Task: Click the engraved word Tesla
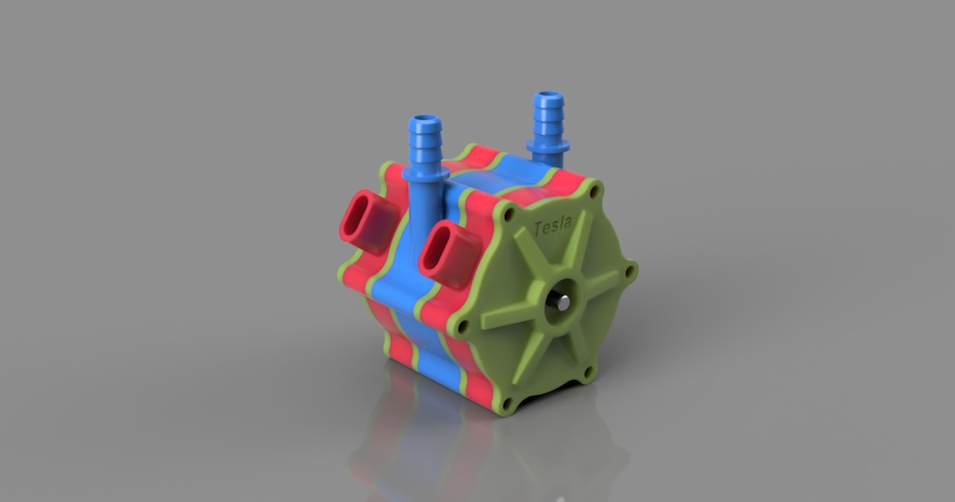(x=552, y=226)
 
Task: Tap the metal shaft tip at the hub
(x=563, y=302)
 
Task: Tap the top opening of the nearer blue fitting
(x=426, y=123)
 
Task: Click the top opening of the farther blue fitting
(x=548, y=96)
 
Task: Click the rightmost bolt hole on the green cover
(x=631, y=273)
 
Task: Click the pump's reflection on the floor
(x=446, y=446)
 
